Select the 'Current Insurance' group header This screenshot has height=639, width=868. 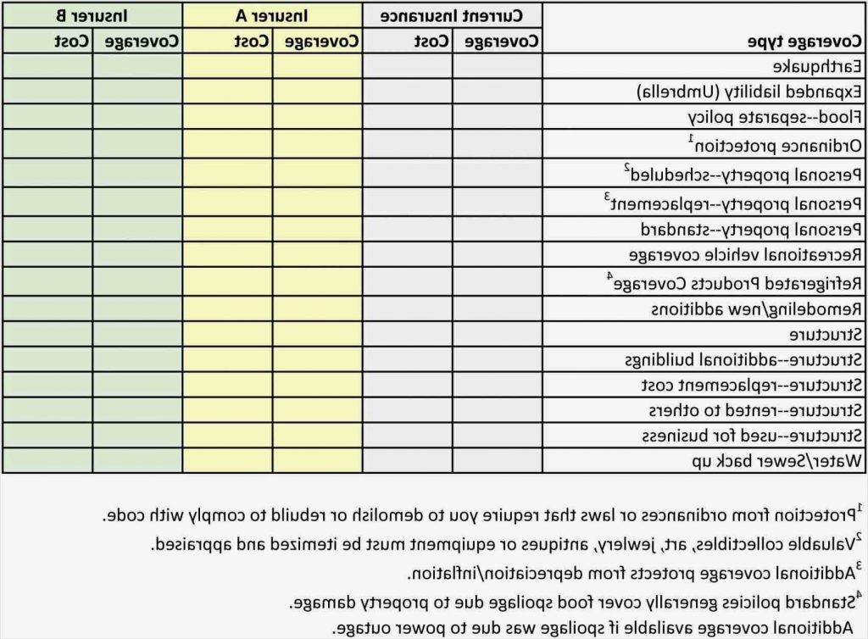point(452,15)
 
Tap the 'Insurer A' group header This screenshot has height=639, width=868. point(271,15)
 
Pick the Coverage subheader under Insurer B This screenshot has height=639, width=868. point(137,42)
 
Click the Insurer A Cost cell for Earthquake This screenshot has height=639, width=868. point(227,66)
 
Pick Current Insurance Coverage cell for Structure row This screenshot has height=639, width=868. point(498,334)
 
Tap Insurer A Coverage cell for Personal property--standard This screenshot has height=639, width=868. point(317,229)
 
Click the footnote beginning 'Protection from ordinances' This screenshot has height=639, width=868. point(483,514)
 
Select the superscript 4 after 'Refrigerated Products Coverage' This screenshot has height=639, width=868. point(609,275)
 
